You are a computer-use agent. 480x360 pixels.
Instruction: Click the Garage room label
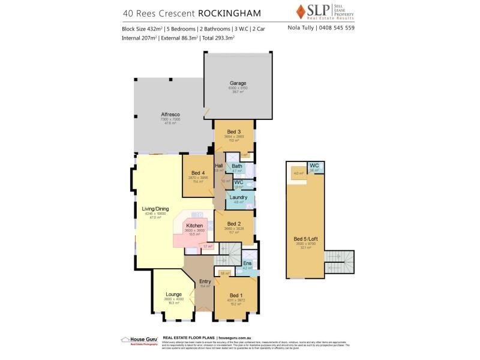[x=238, y=83]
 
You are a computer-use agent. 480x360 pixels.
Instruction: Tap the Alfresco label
[x=170, y=114]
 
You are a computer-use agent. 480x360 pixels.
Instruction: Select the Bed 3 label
[x=234, y=132]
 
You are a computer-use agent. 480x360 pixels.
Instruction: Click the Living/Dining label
[x=155, y=209]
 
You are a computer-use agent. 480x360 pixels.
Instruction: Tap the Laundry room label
[x=238, y=196]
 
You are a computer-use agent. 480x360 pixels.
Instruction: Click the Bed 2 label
[x=234, y=224]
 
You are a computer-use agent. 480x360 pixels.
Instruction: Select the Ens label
[x=248, y=263]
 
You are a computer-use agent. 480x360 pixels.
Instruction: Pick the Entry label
[x=205, y=281]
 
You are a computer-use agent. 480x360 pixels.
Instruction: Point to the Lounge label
[x=174, y=294]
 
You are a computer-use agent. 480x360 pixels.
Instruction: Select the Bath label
[x=237, y=166]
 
